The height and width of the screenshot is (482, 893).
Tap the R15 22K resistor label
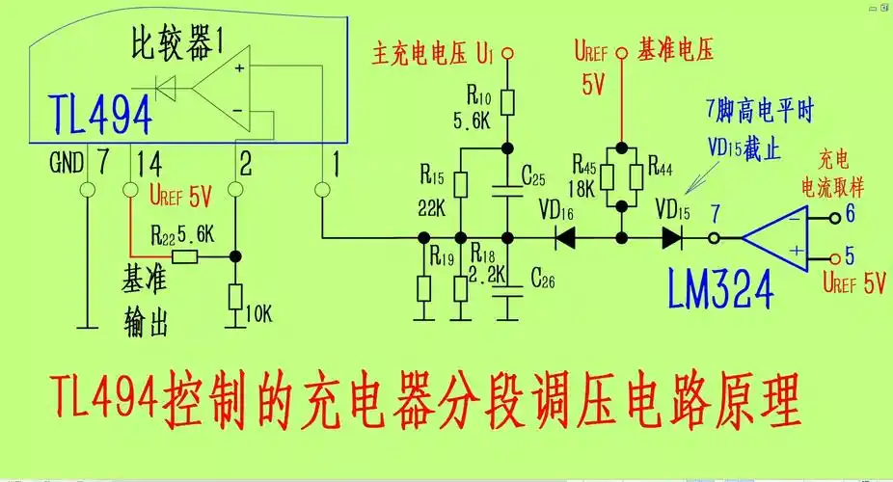click(x=431, y=191)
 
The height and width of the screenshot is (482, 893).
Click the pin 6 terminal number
click(x=850, y=213)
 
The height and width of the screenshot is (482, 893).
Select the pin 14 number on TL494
click(x=149, y=164)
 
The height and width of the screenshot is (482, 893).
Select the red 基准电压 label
click(x=675, y=51)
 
